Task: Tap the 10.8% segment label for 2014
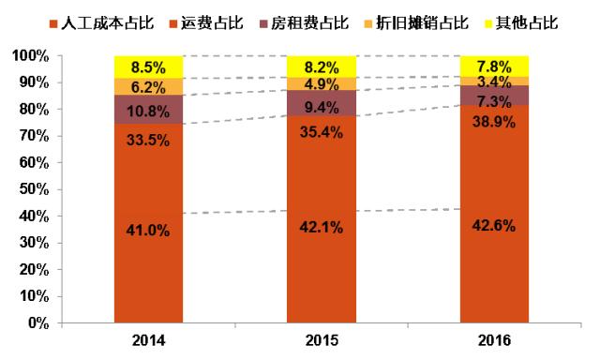pos(148,109)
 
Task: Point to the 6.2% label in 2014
pos(148,87)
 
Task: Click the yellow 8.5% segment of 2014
pos(148,67)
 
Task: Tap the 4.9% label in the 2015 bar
pos(322,83)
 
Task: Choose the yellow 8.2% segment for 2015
pos(322,67)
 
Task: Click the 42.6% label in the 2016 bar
pos(494,224)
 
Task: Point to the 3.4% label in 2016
pos(494,79)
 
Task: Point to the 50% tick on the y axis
pos(36,189)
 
